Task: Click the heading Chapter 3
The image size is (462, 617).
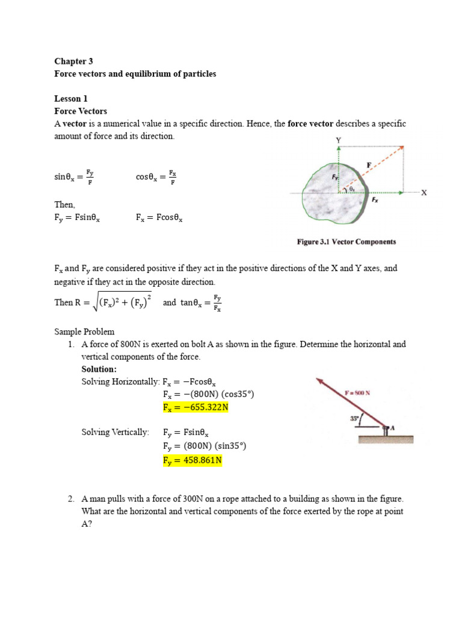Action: click(74, 61)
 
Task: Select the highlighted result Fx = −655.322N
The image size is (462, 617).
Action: click(196, 407)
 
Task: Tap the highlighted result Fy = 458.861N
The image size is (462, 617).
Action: click(192, 461)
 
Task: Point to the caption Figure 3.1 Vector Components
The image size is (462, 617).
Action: click(346, 242)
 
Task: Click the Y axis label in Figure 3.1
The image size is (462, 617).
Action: click(338, 140)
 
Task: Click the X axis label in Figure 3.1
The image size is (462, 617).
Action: click(423, 193)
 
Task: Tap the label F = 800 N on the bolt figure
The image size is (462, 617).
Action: click(357, 392)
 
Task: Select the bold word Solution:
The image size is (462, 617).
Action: click(99, 369)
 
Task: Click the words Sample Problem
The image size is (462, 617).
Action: click(84, 332)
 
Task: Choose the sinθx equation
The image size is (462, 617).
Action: click(74, 177)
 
